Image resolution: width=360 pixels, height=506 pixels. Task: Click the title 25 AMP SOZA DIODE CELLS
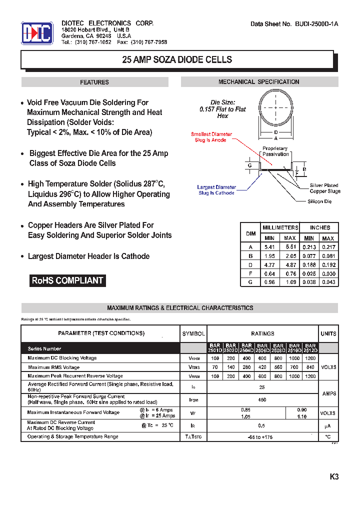tap(177, 59)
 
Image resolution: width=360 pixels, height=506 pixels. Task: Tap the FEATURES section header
tap(94, 82)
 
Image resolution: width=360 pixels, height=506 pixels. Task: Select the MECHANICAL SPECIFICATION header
tap(258, 82)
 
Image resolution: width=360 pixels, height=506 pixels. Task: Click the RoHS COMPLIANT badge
tap(67, 280)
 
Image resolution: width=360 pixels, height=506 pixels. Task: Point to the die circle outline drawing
tap(275, 108)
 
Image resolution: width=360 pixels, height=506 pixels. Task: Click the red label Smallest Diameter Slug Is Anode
tap(211, 137)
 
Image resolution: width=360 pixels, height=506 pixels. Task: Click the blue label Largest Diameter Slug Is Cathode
tap(216, 190)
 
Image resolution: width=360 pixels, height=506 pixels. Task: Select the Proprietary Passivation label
tap(275, 151)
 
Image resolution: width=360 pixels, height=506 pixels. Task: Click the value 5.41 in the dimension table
tap(269, 247)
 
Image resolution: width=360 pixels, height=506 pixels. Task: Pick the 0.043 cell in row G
tap(328, 282)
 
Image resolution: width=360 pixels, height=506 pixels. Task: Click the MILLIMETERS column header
tap(280, 227)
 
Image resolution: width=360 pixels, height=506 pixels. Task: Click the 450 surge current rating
tap(262, 399)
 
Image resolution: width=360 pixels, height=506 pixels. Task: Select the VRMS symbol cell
tap(193, 367)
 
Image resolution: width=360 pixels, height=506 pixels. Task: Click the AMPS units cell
tap(328, 393)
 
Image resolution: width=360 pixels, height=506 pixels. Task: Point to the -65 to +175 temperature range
tap(262, 437)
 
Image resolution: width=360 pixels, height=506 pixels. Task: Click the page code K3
tap(334, 476)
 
